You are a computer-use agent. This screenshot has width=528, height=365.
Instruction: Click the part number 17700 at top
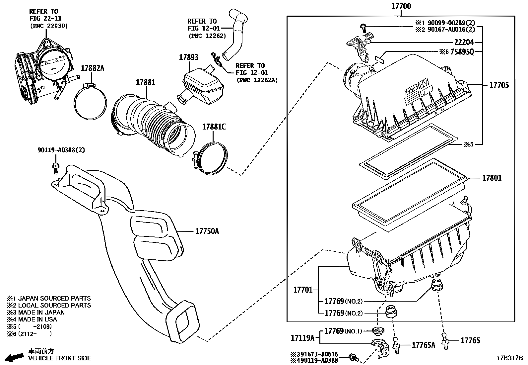[x=401, y=6]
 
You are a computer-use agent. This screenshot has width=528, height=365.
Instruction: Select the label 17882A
[x=93, y=68]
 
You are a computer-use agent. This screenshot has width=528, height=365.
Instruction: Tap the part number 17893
[x=189, y=57]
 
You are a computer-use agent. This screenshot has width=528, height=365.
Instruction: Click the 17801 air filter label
[x=492, y=178]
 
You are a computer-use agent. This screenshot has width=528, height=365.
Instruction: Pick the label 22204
[x=464, y=42]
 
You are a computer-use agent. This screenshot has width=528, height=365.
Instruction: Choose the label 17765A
[x=423, y=345]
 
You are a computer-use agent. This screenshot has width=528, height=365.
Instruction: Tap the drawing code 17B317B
[x=509, y=358]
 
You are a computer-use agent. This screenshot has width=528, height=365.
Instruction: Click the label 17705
[x=499, y=85]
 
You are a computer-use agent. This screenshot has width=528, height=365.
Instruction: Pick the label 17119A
[x=302, y=338]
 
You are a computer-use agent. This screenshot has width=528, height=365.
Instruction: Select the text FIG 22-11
[x=45, y=19]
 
